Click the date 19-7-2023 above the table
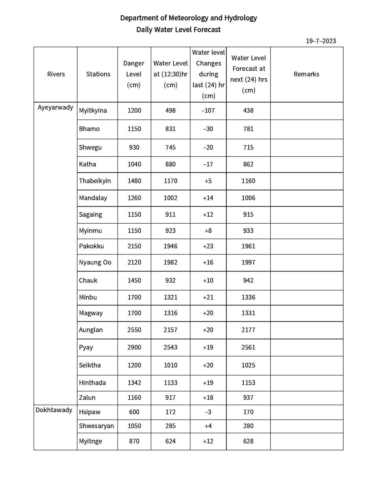[320, 41]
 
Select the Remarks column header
[306, 74]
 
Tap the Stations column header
[98, 74]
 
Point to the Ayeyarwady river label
[56, 108]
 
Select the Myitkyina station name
[93, 110]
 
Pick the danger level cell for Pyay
[134, 347]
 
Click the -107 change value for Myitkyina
[208, 110]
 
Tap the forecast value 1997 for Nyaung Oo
[248, 262]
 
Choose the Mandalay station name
[93, 198]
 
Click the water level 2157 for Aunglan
[170, 330]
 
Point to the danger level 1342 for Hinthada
[134, 382]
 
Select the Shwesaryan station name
[97, 426]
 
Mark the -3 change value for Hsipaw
[208, 412]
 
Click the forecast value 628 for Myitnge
[248, 441]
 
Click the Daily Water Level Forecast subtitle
[178, 30]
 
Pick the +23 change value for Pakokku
[208, 246]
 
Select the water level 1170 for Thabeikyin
[170, 181]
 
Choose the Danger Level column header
[134, 74]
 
